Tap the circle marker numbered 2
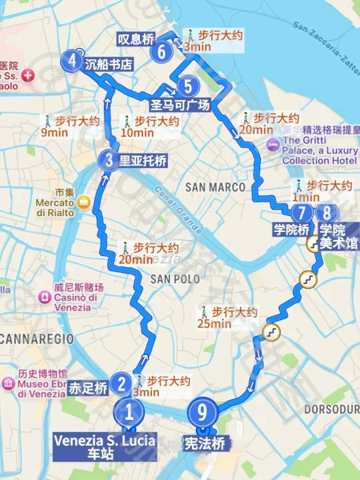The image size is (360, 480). point(121,383)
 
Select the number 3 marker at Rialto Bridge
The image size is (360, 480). point(109,160)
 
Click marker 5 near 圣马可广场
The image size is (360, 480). point(189,86)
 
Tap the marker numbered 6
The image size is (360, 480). point(161,51)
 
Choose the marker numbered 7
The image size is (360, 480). point(301,213)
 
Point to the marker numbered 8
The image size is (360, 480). point(326,213)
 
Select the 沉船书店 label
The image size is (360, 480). point(109,64)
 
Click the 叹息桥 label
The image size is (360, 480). point(136,39)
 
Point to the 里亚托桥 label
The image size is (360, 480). point(143,161)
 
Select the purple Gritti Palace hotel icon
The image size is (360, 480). point(273,145)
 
